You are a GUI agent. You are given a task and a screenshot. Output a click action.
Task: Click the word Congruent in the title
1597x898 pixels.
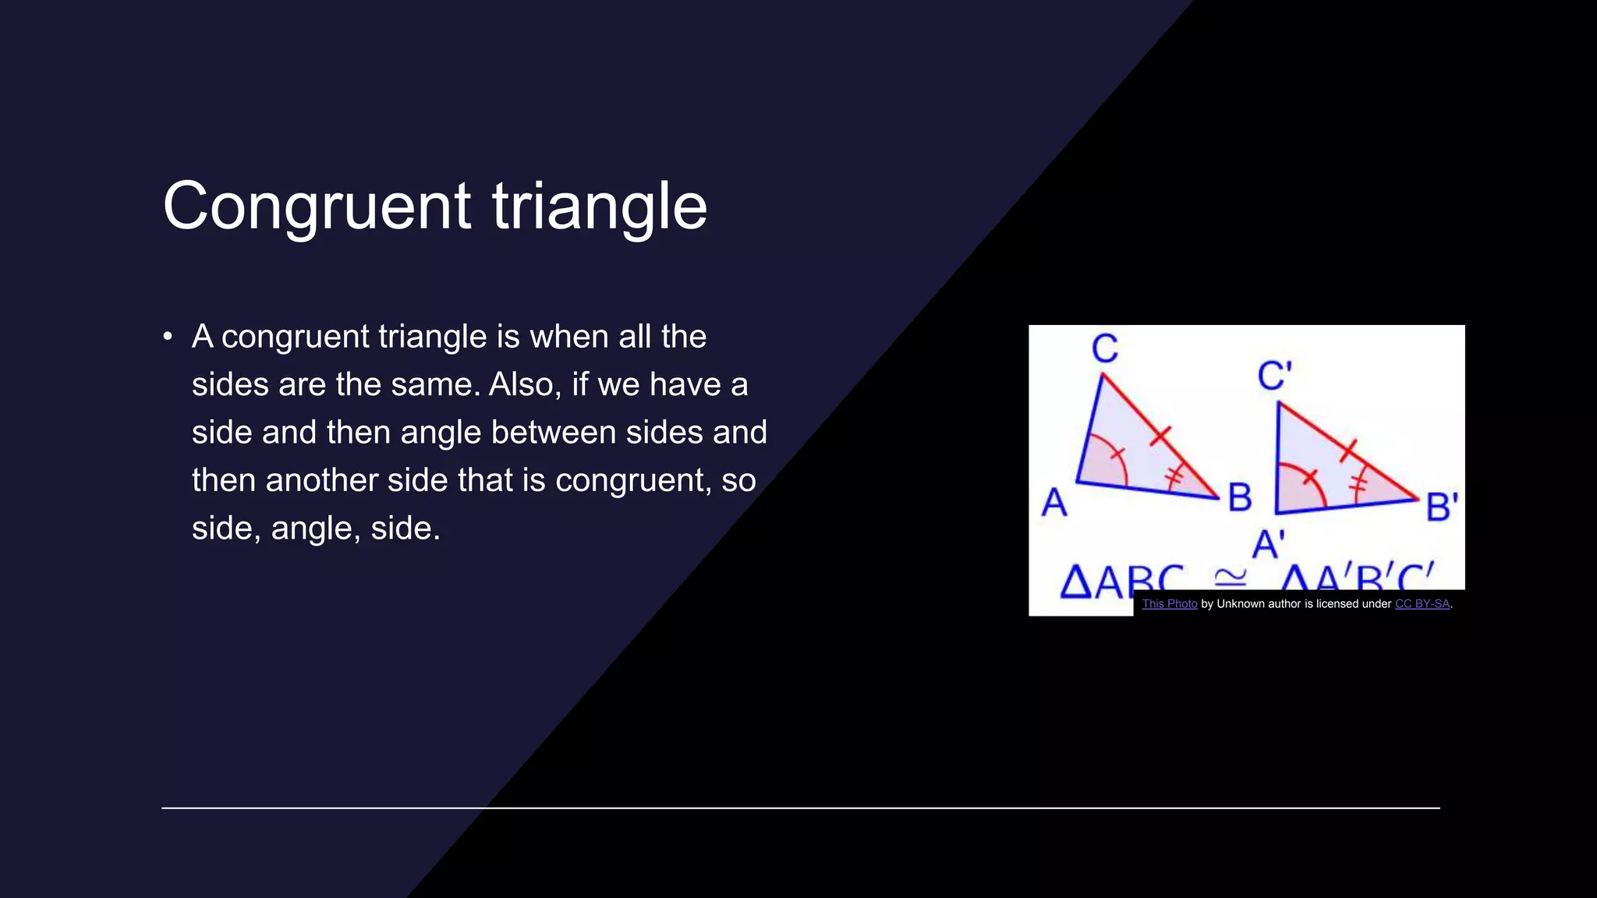click(x=317, y=207)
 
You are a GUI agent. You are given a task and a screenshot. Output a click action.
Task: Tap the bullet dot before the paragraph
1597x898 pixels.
click(x=168, y=337)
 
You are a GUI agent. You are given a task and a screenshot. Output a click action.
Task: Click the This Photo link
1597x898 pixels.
click(x=1169, y=603)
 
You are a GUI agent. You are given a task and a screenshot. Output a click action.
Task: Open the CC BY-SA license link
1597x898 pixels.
click(x=1422, y=603)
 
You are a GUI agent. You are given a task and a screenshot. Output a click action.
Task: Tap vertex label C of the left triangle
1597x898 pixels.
click(x=1104, y=348)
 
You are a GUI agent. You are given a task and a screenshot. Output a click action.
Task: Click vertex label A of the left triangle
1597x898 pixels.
click(x=1054, y=502)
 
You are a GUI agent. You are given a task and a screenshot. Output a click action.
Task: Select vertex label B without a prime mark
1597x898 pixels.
click(x=1240, y=497)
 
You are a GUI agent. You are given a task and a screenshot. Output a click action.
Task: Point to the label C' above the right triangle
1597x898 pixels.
click(x=1274, y=376)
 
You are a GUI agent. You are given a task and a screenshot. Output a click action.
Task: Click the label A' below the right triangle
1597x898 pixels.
click(x=1268, y=543)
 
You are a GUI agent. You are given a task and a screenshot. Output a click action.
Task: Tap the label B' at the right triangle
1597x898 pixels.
click(x=1441, y=507)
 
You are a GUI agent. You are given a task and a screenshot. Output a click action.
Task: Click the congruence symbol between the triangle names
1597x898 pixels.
click(x=1231, y=577)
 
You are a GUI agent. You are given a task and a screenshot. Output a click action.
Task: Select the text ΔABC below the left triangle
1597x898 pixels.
click(x=1120, y=581)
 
